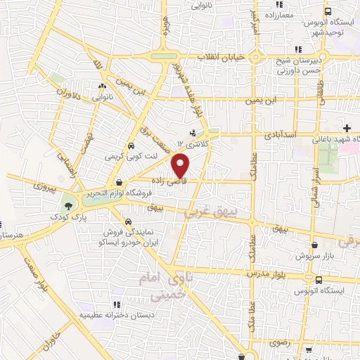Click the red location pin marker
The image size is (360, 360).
point(182,165)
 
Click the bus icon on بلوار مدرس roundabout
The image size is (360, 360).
point(319,280)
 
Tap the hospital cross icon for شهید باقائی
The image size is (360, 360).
point(346,127)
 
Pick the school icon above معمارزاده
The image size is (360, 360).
point(258,13)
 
